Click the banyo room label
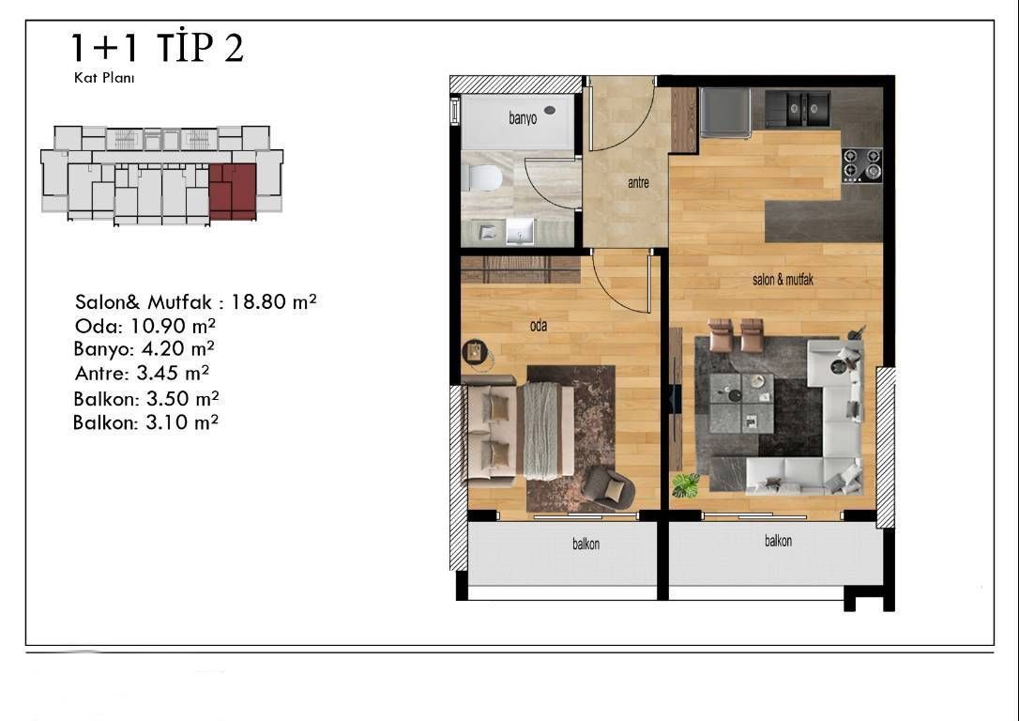point(523,118)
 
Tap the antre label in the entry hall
point(638,183)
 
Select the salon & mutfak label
point(783,280)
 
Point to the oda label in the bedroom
point(538,326)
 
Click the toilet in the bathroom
point(483,177)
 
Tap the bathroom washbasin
point(520,232)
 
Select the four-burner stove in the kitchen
point(861,165)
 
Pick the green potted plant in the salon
point(685,485)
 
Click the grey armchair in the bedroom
point(608,487)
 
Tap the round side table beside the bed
point(475,352)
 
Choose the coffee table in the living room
point(741,403)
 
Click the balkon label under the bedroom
point(586,545)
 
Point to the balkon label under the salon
point(778,541)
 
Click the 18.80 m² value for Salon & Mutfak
point(274,301)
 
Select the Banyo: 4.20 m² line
point(144,349)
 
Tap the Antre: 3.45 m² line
point(142,374)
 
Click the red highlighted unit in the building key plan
point(233,192)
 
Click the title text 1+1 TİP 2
point(158,47)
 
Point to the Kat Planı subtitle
point(104,78)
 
